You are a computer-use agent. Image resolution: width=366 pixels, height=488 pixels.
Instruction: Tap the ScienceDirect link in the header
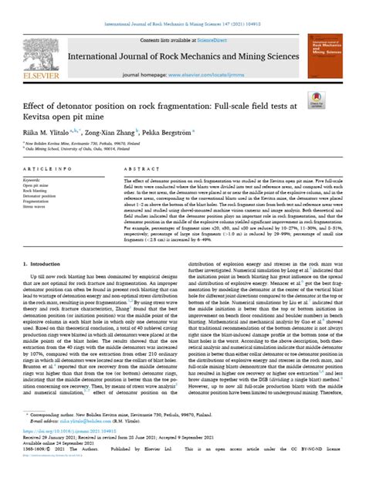click(195, 39)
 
